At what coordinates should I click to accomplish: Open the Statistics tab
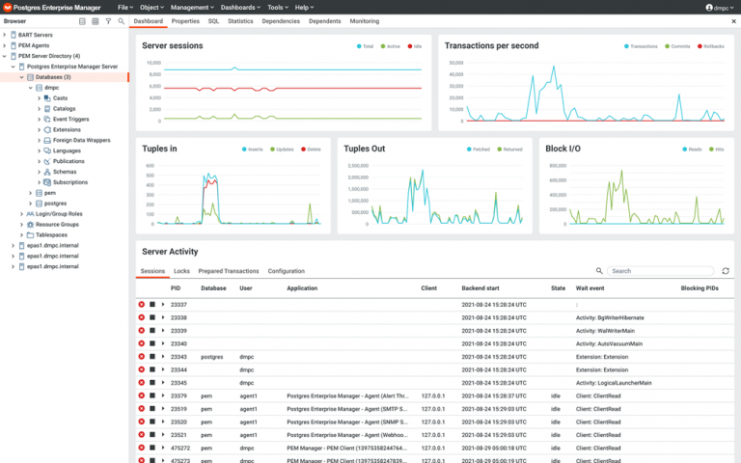[240, 20]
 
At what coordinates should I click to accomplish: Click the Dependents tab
[324, 20]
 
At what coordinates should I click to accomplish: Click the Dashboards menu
[239, 7]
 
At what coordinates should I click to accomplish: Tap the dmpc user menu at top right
[718, 7]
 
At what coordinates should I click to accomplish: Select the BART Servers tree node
[35, 35]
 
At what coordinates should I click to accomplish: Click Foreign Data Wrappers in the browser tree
[83, 140]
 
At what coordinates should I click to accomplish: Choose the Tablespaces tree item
[44, 234]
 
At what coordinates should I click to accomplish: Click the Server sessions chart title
[173, 45]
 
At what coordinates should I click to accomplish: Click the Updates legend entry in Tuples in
[284, 150]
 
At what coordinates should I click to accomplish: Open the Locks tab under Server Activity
[181, 271]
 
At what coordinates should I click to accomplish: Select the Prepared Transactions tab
[229, 271]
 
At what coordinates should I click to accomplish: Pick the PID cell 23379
[178, 395]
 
